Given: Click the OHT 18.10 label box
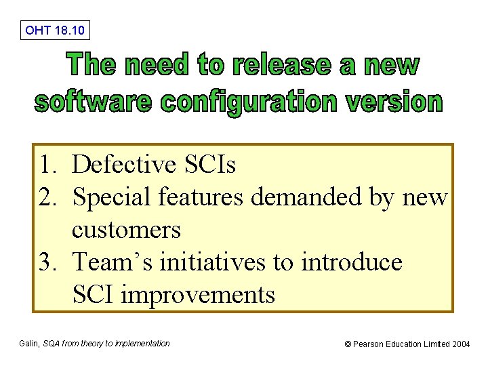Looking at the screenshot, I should (x=55, y=30).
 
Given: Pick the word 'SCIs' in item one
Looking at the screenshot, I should (x=213, y=165).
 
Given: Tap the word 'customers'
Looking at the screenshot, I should (x=126, y=230).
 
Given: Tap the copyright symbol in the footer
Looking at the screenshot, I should (x=348, y=344).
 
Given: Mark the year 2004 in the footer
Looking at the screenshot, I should (x=461, y=344).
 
